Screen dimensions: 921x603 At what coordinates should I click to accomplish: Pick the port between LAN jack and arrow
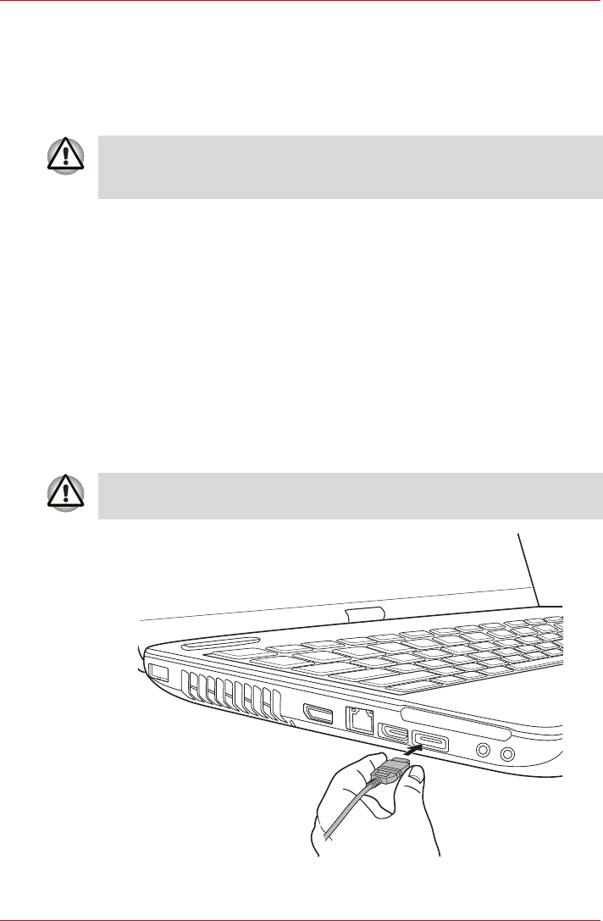tap(394, 730)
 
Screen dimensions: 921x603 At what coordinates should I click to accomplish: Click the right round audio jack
tap(507, 754)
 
